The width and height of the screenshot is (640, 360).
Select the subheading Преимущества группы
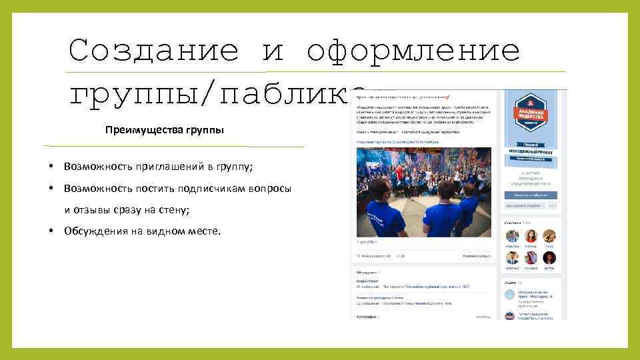[x=165, y=130]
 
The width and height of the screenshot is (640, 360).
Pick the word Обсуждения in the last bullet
[x=95, y=231]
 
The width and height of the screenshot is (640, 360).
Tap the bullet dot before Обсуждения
[x=51, y=231]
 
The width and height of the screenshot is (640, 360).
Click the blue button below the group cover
[x=531, y=195]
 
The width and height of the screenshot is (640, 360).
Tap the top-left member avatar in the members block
[x=512, y=236]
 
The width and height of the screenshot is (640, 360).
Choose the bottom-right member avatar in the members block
[x=549, y=258]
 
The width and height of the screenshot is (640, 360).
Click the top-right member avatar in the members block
[x=549, y=236]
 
